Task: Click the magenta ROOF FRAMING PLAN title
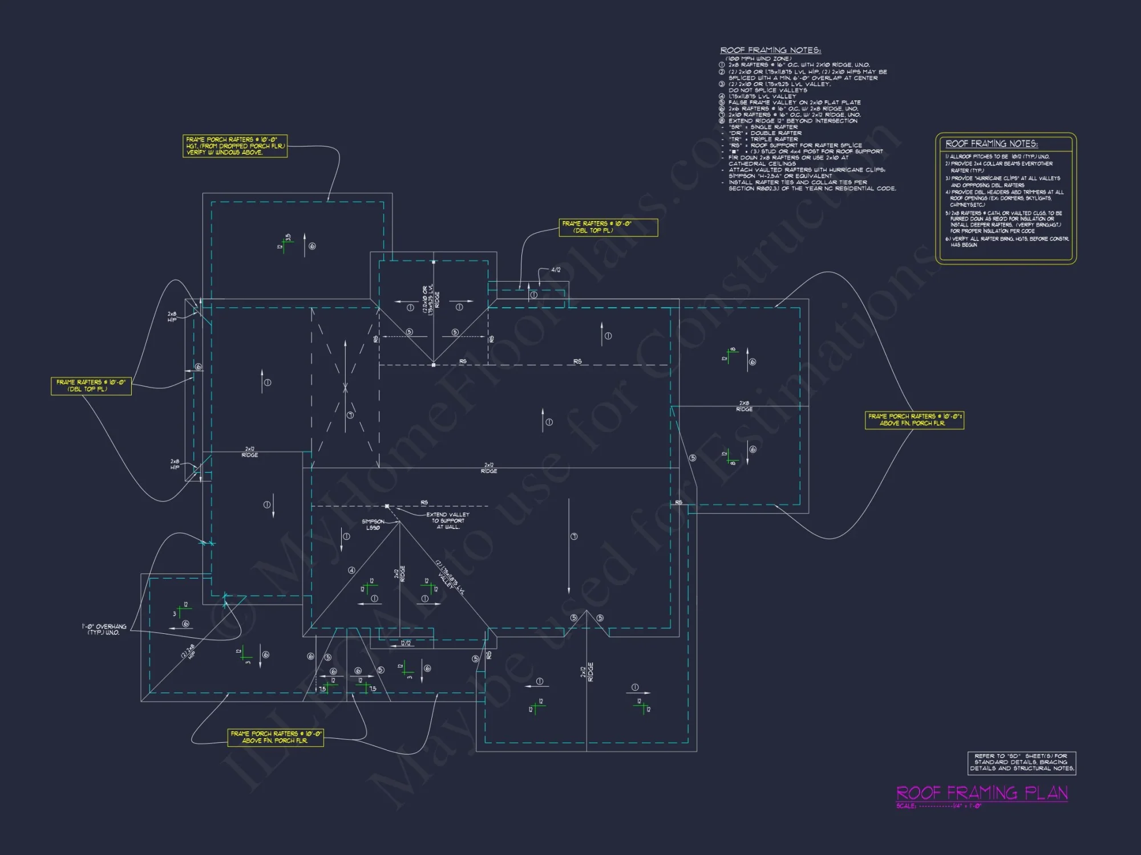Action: [981, 793]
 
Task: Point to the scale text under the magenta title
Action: [938, 806]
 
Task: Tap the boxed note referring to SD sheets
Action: [1022, 763]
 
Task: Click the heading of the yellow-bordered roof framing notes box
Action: [992, 144]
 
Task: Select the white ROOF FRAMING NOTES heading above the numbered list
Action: [770, 50]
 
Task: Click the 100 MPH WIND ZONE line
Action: [758, 59]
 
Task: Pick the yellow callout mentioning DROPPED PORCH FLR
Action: [235, 146]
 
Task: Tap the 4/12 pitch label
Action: [555, 270]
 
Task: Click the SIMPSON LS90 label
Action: [373, 524]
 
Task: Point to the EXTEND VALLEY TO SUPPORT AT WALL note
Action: [448, 520]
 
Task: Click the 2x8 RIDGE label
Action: [744, 406]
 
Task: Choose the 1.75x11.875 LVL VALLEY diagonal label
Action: [450, 577]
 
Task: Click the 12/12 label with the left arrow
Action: [406, 644]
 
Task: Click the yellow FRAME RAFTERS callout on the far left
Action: [91, 386]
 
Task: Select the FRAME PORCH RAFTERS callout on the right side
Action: [914, 420]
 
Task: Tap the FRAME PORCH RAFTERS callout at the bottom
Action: [276, 737]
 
